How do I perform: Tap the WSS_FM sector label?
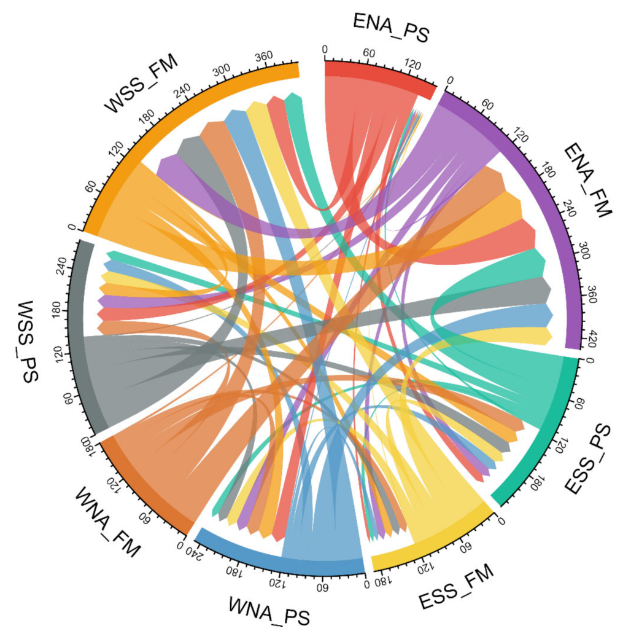[x=142, y=84]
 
